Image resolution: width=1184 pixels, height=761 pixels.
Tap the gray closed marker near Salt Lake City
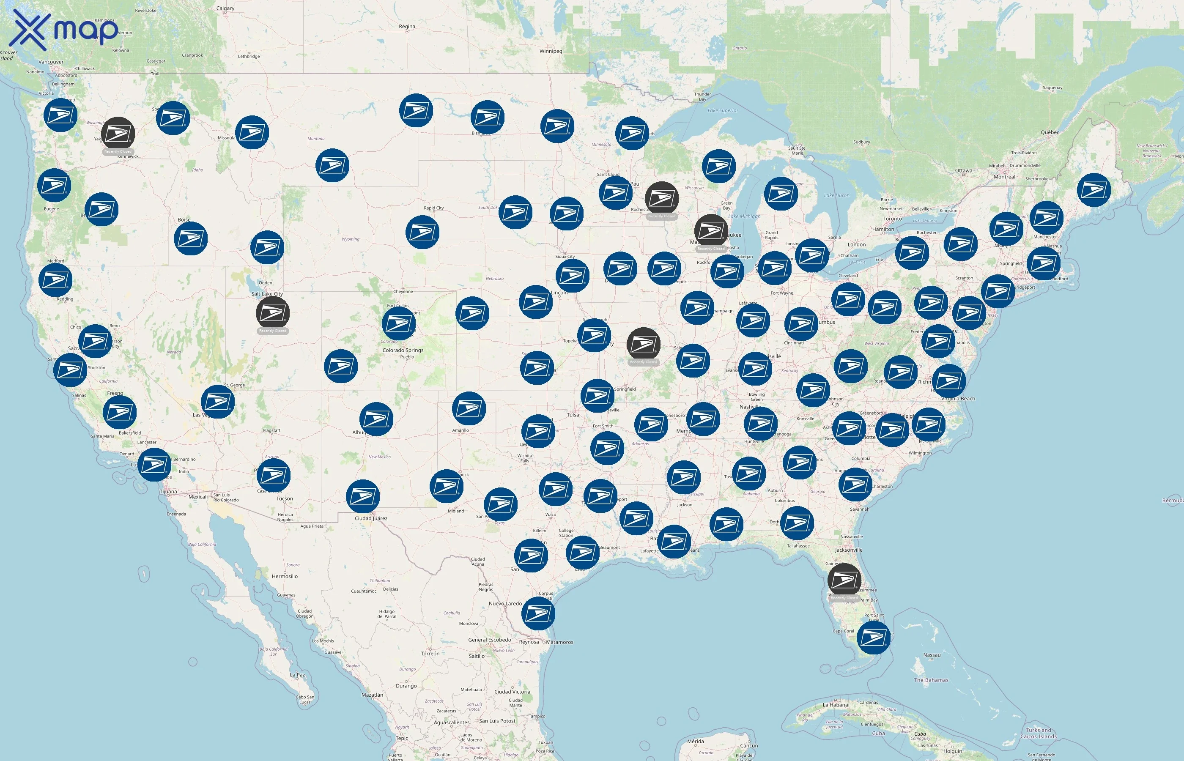click(272, 313)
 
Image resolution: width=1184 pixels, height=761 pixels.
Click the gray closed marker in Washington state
click(118, 134)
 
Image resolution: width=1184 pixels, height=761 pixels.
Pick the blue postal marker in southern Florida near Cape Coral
click(873, 638)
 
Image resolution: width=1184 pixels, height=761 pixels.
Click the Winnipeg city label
click(551, 51)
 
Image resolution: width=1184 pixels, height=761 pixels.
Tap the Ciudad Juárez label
click(370, 518)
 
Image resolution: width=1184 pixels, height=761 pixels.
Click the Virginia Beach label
click(958, 398)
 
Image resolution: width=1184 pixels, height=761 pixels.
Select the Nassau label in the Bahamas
click(932, 655)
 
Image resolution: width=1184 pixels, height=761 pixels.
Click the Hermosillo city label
click(285, 576)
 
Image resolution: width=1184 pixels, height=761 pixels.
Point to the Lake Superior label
click(723, 110)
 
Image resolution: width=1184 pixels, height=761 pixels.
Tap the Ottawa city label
click(963, 170)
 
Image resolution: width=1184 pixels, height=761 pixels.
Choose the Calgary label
click(225, 8)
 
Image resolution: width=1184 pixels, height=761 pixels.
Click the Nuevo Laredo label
click(505, 603)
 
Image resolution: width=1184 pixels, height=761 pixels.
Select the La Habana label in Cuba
click(835, 705)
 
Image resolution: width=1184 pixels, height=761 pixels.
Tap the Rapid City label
click(433, 208)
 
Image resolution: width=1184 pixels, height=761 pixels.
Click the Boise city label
click(184, 219)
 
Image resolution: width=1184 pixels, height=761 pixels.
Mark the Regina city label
click(407, 26)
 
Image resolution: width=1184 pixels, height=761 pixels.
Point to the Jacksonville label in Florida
click(849, 550)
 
